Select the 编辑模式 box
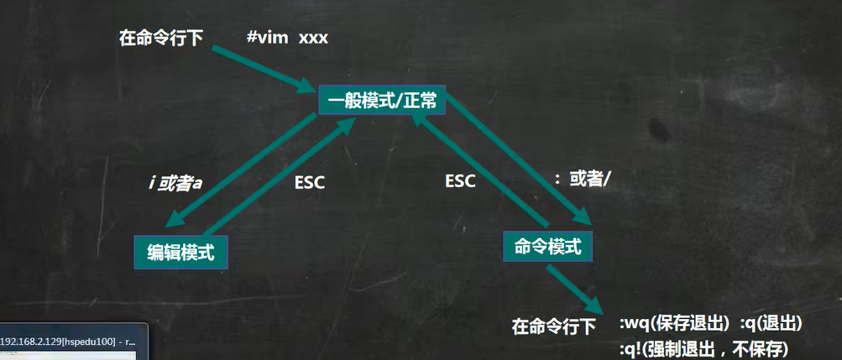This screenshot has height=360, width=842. pos(180,251)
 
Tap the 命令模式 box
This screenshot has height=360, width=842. pos(547,246)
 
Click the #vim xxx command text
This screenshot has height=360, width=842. pos(287,38)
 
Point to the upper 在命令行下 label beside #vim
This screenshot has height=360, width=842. pos(161,38)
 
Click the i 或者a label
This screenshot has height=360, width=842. pos(176,181)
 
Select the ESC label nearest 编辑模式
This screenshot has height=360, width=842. pos(310,182)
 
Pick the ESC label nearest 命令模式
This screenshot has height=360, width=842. pos(460,180)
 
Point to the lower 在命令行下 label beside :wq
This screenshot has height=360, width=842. pos(554,326)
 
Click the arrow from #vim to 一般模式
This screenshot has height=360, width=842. pos(259,70)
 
